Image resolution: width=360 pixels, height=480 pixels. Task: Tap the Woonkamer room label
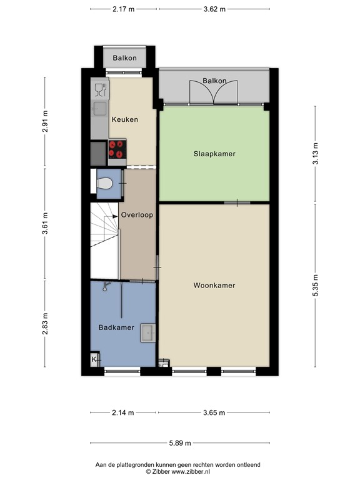(214, 286)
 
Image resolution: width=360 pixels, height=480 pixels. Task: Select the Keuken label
(124, 119)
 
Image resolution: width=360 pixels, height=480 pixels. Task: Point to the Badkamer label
(116, 327)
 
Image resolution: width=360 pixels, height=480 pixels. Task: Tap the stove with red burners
(117, 149)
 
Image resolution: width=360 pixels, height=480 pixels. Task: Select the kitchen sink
(99, 109)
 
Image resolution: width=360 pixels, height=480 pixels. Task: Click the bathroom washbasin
(148, 333)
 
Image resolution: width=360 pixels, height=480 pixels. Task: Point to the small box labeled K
(94, 360)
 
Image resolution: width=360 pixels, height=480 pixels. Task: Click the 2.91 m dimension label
(45, 121)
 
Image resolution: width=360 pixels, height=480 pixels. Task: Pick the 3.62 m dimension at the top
(214, 9)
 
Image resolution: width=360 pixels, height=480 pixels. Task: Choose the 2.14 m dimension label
(123, 412)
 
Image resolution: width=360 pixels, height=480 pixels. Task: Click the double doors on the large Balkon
(214, 92)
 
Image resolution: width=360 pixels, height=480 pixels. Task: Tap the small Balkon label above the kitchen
(125, 58)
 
